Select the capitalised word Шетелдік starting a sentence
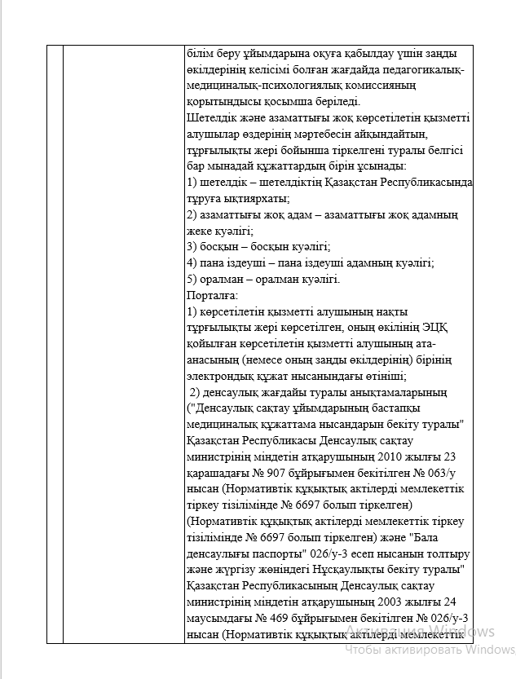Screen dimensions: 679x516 tap(211, 117)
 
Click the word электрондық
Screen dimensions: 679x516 tap(221, 376)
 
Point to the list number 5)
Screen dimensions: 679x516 tap(192, 279)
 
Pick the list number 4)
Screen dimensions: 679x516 tap(192, 262)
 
